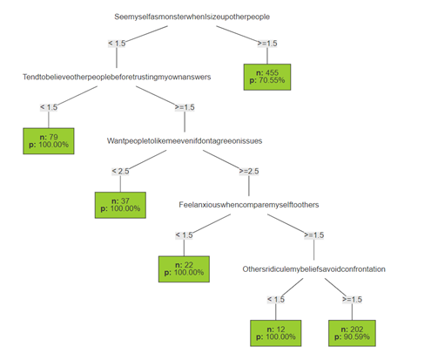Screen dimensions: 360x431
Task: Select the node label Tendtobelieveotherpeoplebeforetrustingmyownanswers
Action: coord(118,77)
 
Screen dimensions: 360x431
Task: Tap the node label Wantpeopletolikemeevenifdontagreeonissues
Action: coord(185,140)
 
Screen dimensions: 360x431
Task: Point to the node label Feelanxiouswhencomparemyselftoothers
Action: coord(250,205)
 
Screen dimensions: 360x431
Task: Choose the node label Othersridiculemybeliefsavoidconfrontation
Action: coord(313,269)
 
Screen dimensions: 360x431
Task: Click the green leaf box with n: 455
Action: coord(271,76)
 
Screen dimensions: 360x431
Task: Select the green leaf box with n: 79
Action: coord(49,140)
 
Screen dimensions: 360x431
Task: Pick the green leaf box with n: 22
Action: coord(183,268)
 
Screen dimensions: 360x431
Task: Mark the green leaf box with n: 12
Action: coord(275,333)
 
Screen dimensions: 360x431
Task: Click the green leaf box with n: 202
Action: coord(352,333)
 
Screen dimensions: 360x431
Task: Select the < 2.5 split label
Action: coord(122,171)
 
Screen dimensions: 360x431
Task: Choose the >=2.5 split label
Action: coord(249,171)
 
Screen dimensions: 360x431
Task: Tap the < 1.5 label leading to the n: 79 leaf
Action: coord(50,106)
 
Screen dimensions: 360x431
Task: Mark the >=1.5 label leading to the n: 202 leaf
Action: coord(353,299)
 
